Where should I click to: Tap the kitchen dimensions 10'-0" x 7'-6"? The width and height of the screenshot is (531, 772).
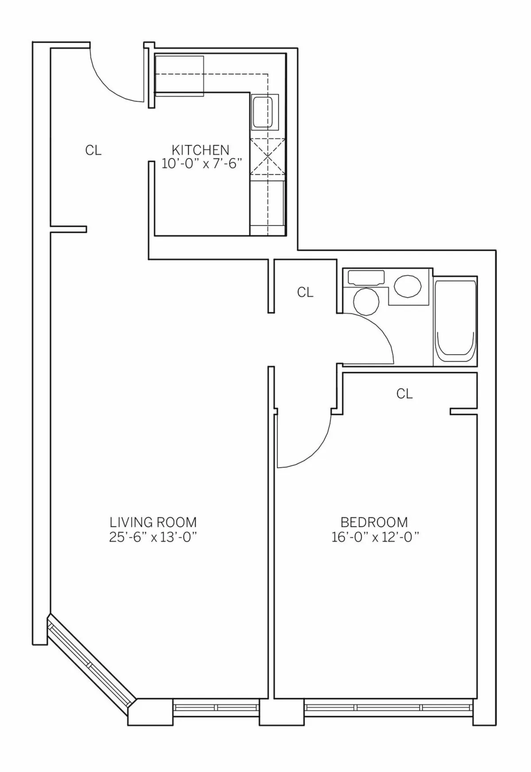pos(203,164)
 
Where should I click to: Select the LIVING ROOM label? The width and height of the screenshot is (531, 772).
pos(153,522)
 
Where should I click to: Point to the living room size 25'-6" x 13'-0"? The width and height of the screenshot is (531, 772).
pos(153,537)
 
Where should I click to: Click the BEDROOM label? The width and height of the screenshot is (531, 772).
pos(374,522)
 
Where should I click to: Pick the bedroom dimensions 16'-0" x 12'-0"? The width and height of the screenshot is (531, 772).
pos(375,537)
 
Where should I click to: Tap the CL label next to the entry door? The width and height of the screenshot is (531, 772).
pos(93,151)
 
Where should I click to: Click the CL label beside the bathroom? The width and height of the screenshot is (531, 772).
pos(305,292)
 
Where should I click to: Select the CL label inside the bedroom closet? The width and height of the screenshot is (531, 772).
pos(404,393)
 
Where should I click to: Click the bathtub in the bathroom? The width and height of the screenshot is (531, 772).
pos(455,322)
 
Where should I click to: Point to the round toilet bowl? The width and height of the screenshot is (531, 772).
pos(366,301)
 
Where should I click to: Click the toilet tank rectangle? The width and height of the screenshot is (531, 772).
pos(366,278)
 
